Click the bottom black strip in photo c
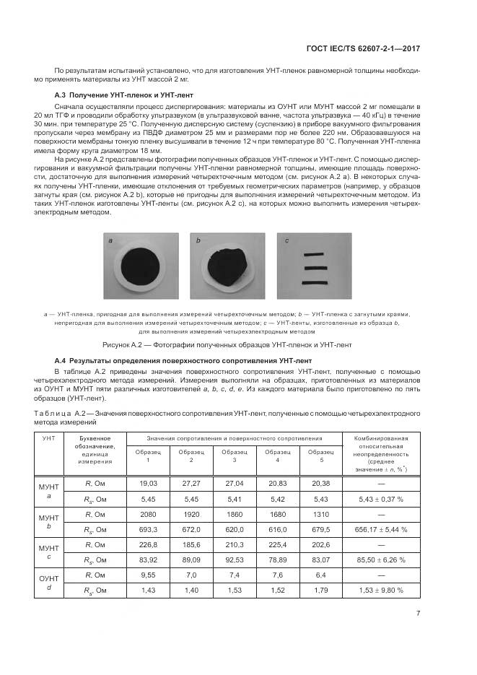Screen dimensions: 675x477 point(315,282)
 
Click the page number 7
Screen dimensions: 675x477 point(419,614)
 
